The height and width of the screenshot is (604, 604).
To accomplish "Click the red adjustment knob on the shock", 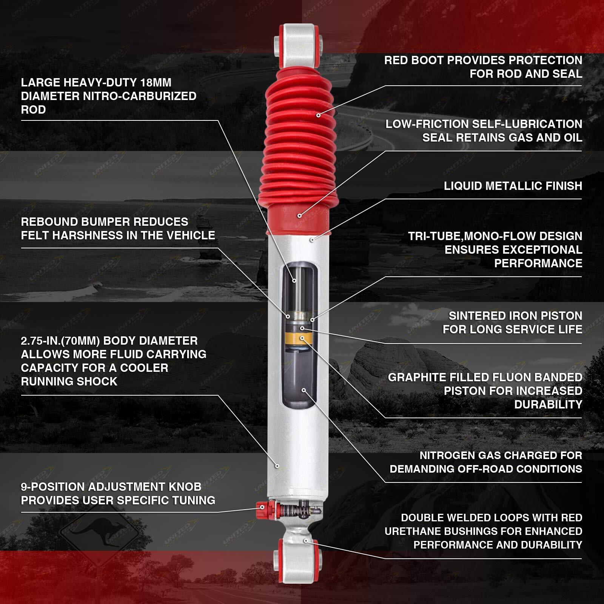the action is pyautogui.click(x=261, y=510).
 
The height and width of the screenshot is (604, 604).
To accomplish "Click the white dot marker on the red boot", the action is pyautogui.click(x=318, y=115).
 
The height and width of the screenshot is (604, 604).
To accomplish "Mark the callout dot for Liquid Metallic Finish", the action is pyautogui.click(x=312, y=240).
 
